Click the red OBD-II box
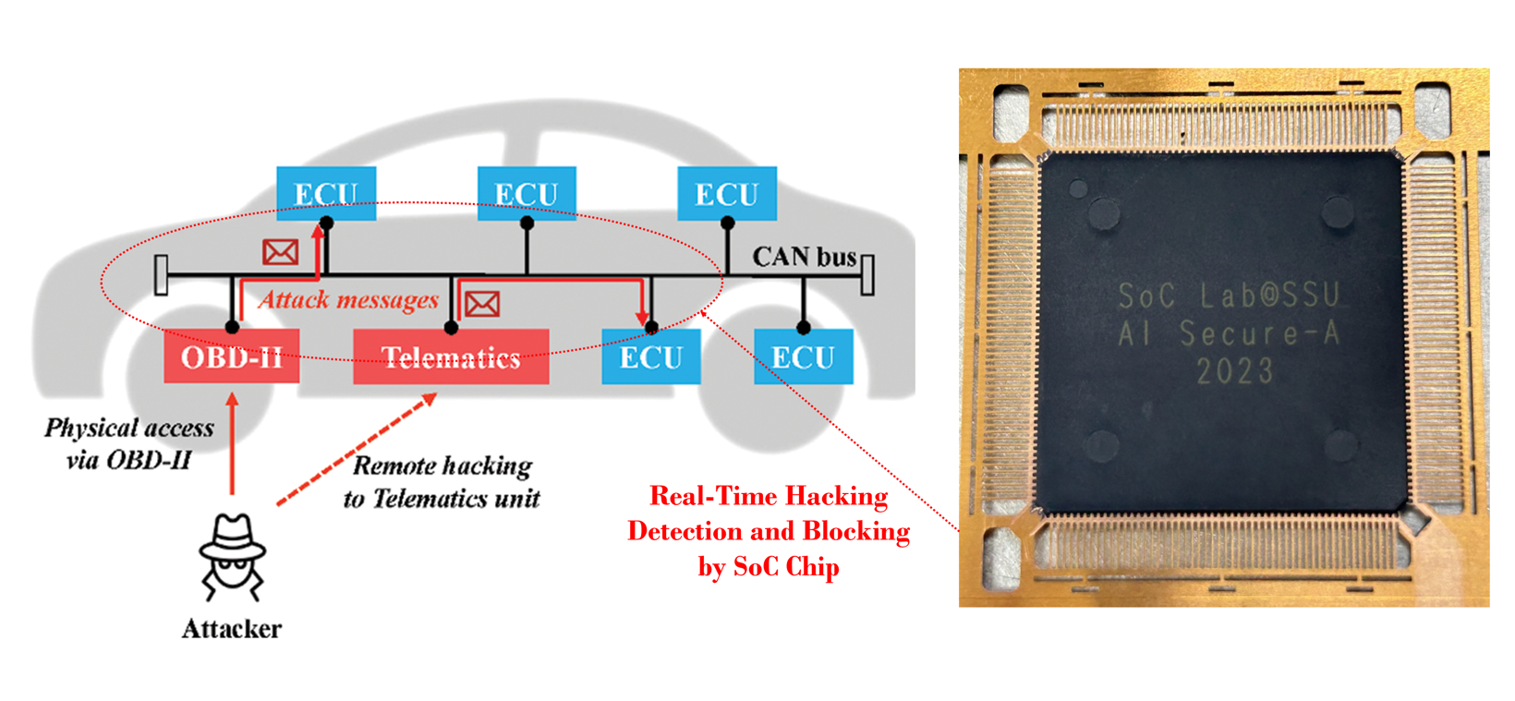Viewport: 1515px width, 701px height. click(231, 357)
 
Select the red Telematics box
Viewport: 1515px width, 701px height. click(451, 357)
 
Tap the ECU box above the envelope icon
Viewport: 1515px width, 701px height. click(326, 193)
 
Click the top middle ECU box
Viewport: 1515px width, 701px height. click(527, 193)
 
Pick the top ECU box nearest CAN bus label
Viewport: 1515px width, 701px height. click(727, 193)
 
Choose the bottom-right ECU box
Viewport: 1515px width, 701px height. click(803, 357)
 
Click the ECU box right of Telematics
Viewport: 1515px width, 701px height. click(650, 357)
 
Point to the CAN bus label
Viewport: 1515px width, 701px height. click(804, 257)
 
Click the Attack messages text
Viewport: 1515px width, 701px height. click(348, 299)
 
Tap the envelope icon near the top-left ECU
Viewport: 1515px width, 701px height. click(280, 251)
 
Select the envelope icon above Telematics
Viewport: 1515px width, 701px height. click(481, 304)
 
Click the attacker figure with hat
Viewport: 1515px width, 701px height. click(232, 556)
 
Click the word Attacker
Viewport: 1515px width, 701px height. click(231, 629)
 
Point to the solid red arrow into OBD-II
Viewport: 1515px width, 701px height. click(232, 443)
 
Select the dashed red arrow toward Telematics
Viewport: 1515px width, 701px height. click(356, 451)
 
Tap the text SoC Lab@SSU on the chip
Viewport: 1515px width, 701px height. click(1228, 296)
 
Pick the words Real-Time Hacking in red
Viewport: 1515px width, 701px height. click(769, 496)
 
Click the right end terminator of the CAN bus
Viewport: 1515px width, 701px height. click(867, 274)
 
